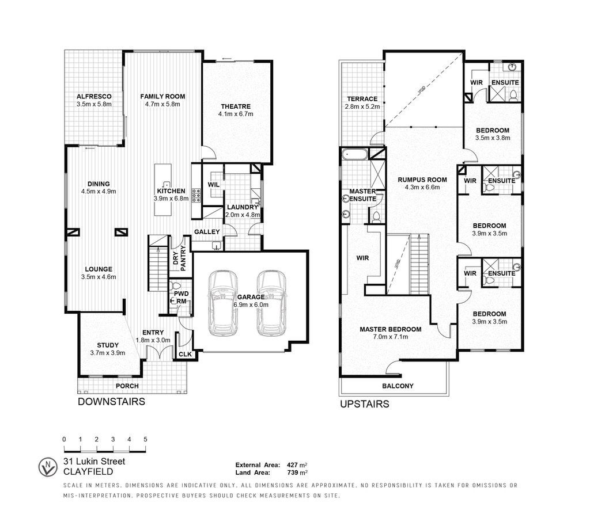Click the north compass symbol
tap(48, 467)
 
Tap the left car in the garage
tap(223, 303)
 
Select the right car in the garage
tap(271, 303)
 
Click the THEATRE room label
tap(236, 106)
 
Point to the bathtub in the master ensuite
tap(354, 154)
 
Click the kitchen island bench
tap(162, 190)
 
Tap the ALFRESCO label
tap(94, 97)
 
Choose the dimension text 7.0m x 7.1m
tap(391, 337)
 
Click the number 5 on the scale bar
tap(145, 439)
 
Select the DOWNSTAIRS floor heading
tap(111, 402)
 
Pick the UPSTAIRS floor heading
tap(365, 404)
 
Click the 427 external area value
tap(292, 465)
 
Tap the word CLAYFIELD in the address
tap(88, 472)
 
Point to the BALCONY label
tap(398, 386)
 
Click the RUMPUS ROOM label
tap(422, 180)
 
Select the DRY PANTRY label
tap(180, 258)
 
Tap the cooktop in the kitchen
tap(196, 196)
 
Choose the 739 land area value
tap(292, 473)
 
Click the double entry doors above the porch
tap(154, 353)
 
